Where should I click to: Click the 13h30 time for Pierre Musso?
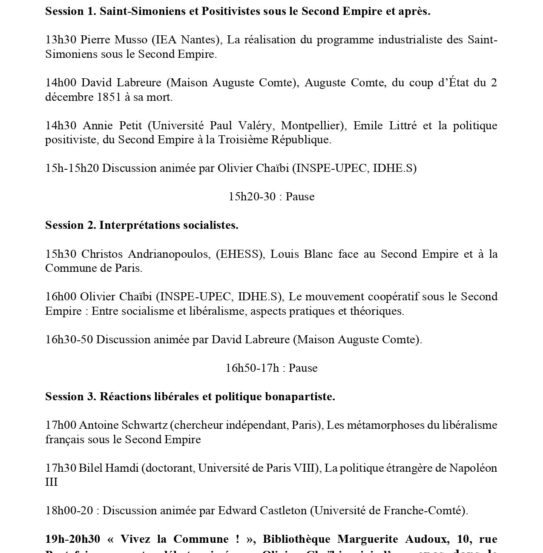coord(60,40)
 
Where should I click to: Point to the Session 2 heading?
coord(141,225)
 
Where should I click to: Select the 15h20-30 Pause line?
coord(271,197)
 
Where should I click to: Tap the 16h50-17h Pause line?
coord(271,368)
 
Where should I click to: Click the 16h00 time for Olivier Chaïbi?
coord(60,297)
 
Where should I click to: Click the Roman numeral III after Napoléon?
coord(51,482)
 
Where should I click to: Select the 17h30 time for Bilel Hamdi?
coord(60,468)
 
